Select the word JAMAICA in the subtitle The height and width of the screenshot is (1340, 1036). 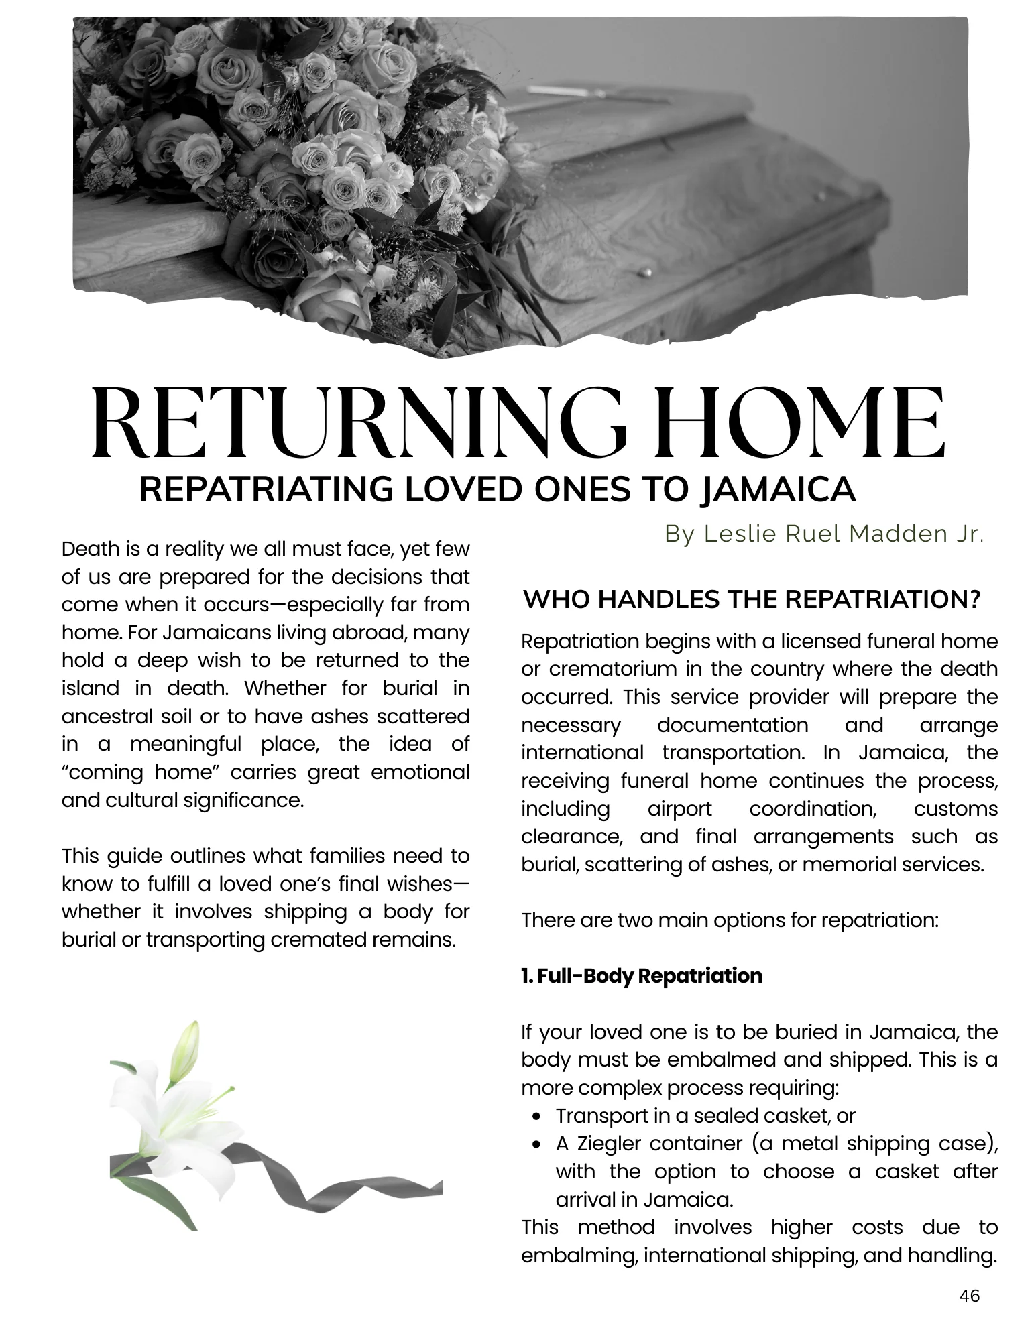[777, 489]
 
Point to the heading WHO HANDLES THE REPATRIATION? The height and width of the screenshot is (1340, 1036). [752, 599]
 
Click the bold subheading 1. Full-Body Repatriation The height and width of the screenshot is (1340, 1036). [642, 975]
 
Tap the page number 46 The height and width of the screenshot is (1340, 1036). [969, 1296]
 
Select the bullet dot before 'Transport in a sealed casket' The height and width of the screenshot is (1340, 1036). [536, 1116]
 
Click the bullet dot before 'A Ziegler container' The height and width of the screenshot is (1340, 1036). [536, 1144]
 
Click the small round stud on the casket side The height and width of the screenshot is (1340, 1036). [647, 272]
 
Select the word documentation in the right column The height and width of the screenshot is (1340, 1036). [732, 725]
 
